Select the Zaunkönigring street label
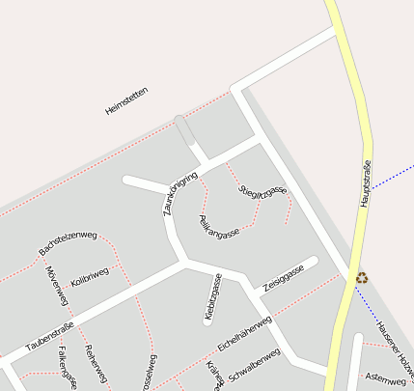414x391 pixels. pos(180,193)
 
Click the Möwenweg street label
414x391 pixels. pos(54,282)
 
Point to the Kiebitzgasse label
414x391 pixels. pos(213,296)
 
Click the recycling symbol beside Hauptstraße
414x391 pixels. pos(362,278)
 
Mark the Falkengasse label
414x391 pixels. pos(67,367)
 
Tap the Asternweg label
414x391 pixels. pos(386,379)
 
